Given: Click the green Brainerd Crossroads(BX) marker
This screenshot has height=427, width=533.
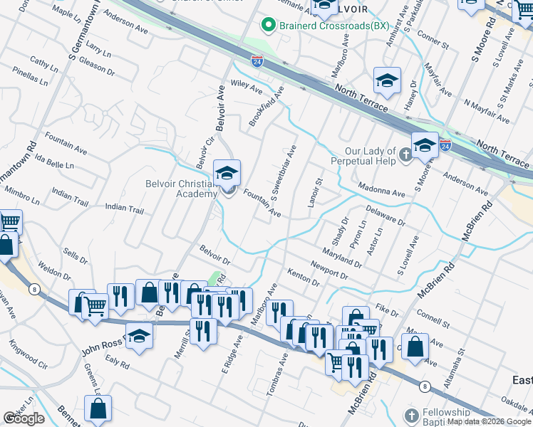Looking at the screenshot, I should click(269, 26).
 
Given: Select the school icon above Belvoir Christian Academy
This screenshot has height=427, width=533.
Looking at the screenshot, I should click(227, 174).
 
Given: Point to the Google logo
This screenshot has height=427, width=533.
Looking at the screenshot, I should click(24, 418).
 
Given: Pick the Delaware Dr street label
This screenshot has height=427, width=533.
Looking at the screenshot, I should click(385, 215).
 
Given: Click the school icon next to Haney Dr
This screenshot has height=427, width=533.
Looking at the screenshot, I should click(386, 80).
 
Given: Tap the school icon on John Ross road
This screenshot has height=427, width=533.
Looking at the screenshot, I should click(140, 337).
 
